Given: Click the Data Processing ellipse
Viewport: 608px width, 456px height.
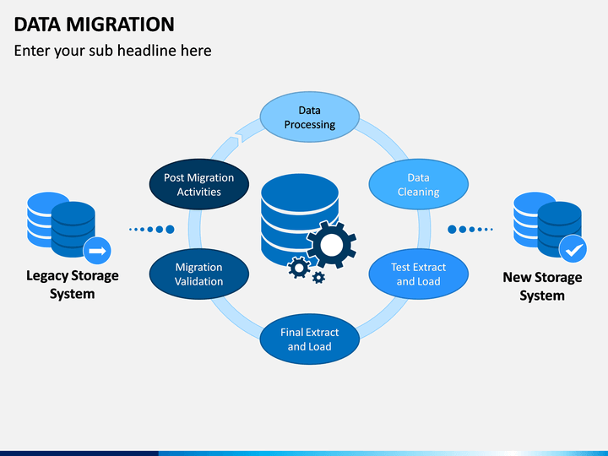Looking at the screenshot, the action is click(x=309, y=117).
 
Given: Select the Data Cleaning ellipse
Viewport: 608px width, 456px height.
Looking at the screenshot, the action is click(x=418, y=184).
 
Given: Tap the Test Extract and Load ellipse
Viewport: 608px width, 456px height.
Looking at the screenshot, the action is click(x=418, y=274).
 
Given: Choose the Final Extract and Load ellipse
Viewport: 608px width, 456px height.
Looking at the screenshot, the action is click(x=309, y=339).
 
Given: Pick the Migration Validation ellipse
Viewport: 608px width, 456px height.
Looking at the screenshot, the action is click(x=199, y=274).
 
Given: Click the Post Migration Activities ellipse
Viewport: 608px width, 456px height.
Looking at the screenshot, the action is click(x=199, y=184).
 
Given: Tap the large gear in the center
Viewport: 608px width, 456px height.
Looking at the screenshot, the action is click(x=332, y=245).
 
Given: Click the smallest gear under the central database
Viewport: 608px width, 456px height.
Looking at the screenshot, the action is click(x=318, y=277).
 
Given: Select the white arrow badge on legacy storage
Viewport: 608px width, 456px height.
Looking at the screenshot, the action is click(x=97, y=251).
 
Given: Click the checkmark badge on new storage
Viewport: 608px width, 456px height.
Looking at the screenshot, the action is click(x=573, y=249).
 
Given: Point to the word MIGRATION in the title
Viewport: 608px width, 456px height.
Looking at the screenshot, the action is click(x=120, y=24).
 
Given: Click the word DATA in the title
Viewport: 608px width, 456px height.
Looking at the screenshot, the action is click(x=37, y=24).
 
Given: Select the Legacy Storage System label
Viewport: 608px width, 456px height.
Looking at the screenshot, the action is click(x=73, y=285).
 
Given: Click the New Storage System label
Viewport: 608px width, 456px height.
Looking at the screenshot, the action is click(x=542, y=286).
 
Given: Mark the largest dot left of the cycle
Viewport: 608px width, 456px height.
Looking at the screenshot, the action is click(x=170, y=230).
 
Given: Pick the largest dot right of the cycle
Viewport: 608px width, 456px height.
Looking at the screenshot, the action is click(x=452, y=230).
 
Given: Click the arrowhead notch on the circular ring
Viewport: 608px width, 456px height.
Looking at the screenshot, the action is click(x=237, y=138).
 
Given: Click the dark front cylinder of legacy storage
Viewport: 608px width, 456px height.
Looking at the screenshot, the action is click(x=73, y=229).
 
